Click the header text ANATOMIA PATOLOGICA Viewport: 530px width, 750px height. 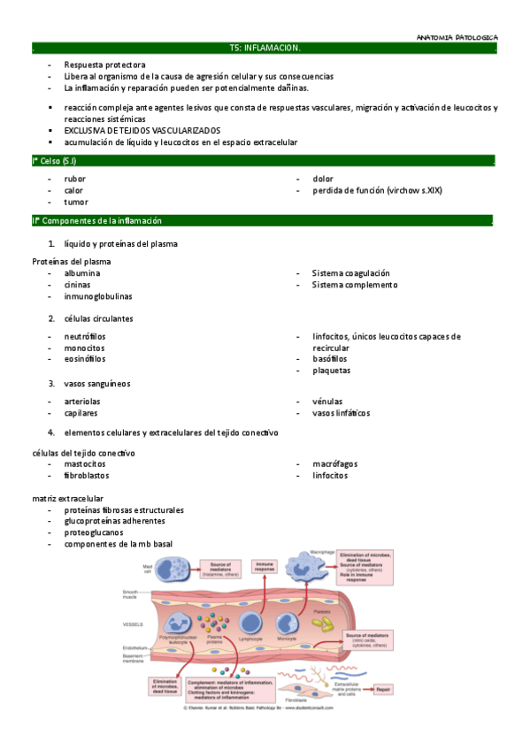tap(457, 36)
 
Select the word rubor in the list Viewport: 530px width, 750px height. tap(74, 179)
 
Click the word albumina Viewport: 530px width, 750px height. tap(81, 273)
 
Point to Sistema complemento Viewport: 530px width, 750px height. tap(354, 285)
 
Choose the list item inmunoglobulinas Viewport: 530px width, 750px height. tap(97, 296)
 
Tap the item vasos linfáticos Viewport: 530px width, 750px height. tap(341, 413)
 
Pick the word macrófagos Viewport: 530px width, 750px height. tap(334, 463)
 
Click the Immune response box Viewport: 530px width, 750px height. tap(265, 567)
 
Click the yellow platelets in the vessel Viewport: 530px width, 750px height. tap(326, 623)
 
